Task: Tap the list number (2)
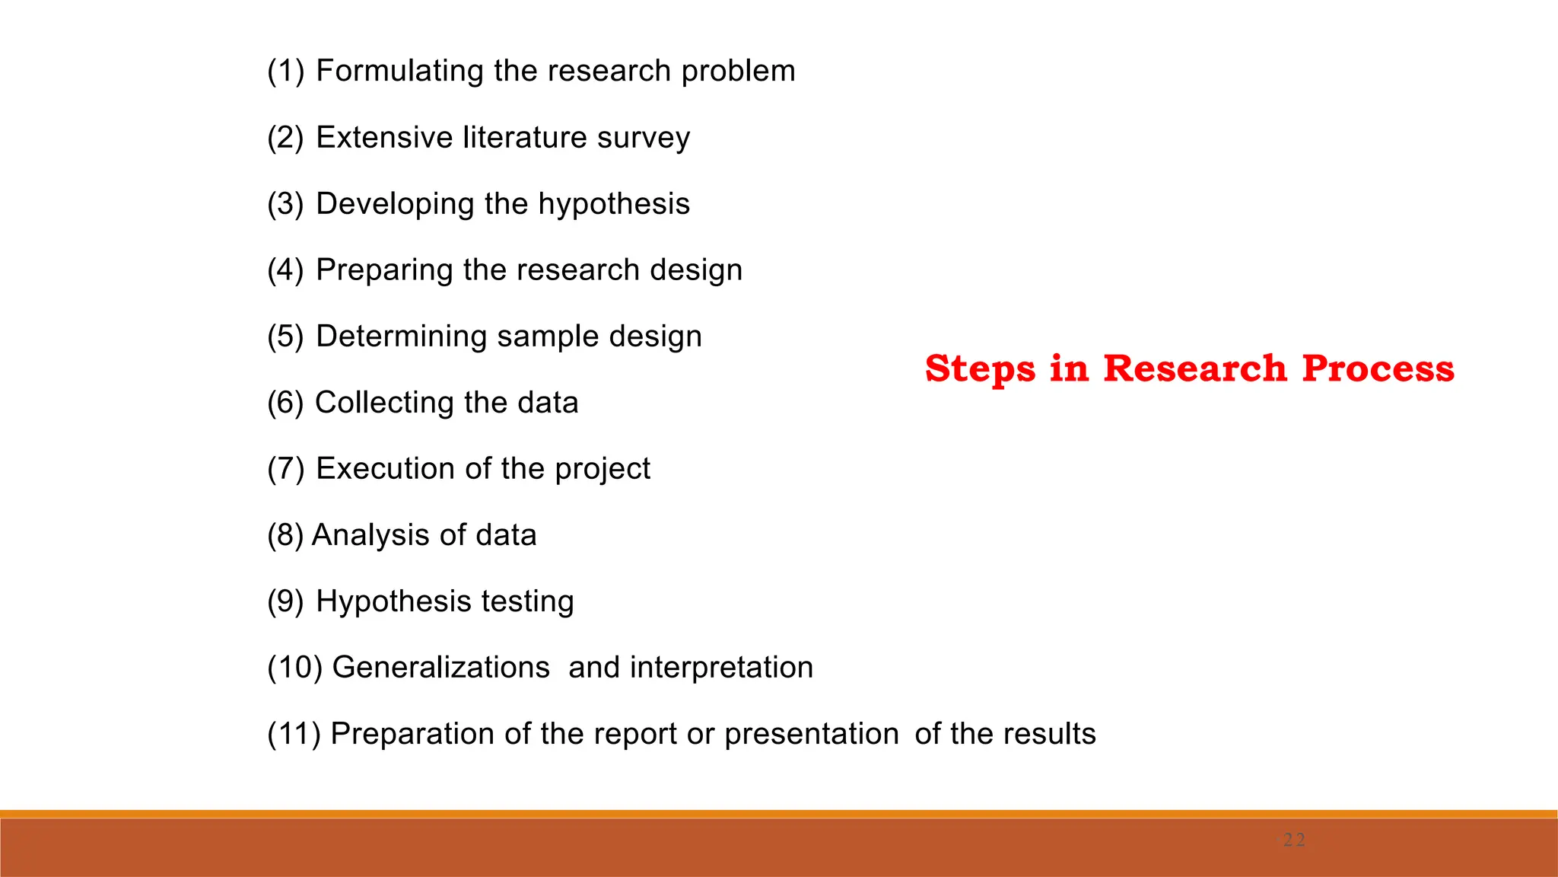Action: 285,138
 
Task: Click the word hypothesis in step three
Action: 614,204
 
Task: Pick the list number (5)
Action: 285,336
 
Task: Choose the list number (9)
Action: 285,601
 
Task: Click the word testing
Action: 527,602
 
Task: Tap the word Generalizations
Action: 441,668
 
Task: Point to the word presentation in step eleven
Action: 811,735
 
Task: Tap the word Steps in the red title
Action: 980,370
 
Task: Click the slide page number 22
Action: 1293,840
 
